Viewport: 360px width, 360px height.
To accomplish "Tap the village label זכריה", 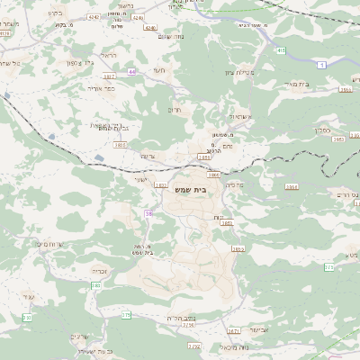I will point(100,269).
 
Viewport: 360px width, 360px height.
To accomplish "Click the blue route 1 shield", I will point(320,65).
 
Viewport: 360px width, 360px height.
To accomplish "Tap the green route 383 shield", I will point(95,285).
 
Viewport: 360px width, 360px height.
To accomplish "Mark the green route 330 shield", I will point(27,318).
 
